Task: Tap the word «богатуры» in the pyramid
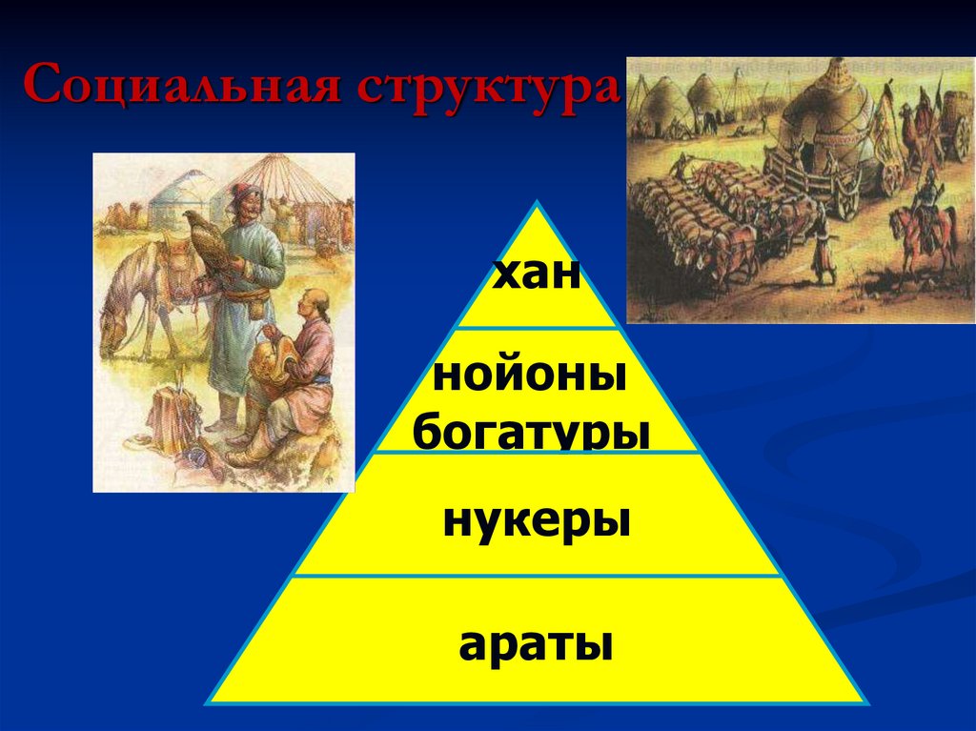click(x=532, y=432)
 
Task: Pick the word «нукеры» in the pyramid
click(x=537, y=523)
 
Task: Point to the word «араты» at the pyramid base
click(x=535, y=645)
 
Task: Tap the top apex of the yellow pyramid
click(x=538, y=204)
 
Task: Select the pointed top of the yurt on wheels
click(x=840, y=66)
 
